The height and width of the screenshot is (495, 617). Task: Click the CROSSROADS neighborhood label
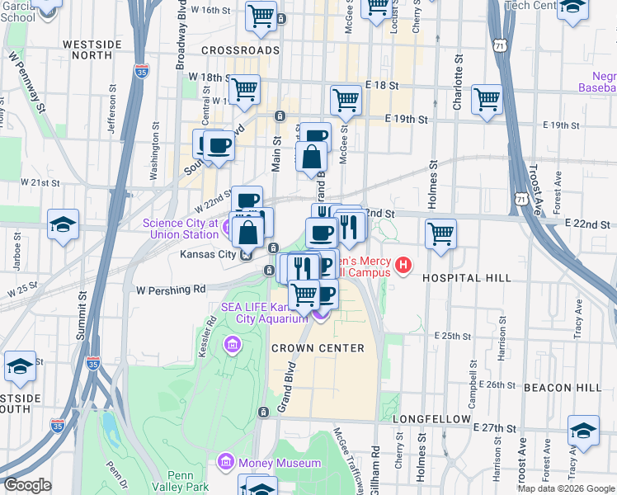coord(240,50)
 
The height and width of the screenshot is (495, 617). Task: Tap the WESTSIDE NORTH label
coord(87,47)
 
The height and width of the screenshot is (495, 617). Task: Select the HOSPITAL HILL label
coord(467,279)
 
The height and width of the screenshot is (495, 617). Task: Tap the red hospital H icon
coord(403,265)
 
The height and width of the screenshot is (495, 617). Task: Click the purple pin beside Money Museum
coord(226,462)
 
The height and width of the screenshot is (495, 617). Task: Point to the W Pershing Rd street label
coord(171,290)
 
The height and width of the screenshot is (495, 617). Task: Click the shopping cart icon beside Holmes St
coord(441,233)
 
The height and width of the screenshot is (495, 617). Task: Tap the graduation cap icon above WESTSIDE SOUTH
coord(20,367)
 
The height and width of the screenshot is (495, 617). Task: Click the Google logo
coord(27,485)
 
